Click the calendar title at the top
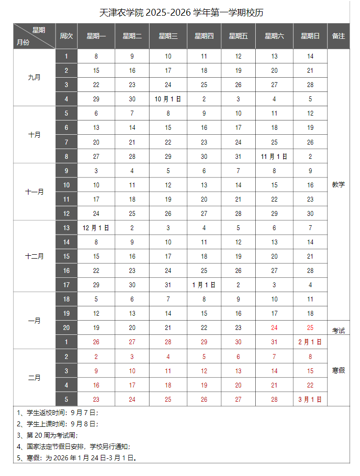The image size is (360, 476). [181, 12]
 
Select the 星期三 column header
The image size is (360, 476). [168, 36]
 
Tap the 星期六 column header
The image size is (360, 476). [274, 36]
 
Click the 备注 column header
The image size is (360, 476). [338, 36]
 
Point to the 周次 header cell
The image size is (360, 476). [66, 36]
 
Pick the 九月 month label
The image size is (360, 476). [34, 78]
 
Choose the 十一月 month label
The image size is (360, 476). [34, 192]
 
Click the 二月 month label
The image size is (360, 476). [34, 378]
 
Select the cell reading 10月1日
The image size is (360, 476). [168, 99]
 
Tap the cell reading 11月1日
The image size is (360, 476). [274, 156]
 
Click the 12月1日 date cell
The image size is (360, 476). [96, 228]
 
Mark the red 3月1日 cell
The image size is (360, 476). [310, 399]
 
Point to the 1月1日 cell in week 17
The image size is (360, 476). [204, 285]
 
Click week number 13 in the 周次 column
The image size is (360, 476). [66, 228]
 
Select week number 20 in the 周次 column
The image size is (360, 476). [66, 327]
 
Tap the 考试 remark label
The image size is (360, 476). [338, 330]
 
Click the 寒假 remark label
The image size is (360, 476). [338, 370]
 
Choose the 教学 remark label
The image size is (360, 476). [338, 184]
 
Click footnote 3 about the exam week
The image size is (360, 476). [47, 435]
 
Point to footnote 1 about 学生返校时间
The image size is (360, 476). [58, 413]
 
